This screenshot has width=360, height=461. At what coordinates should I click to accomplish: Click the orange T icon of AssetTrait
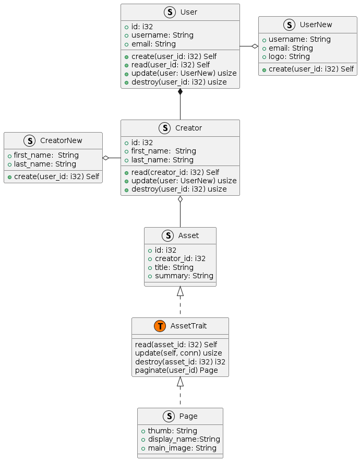[160, 326]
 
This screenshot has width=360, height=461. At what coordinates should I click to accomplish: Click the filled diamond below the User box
[180, 92]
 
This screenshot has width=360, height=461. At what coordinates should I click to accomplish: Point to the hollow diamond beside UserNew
[255, 46]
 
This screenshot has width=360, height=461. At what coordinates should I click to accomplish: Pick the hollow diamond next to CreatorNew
[106, 158]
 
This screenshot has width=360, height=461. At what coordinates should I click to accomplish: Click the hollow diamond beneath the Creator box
[180, 199]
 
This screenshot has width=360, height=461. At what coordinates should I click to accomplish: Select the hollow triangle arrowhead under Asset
[180, 291]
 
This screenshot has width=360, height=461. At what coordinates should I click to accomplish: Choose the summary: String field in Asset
[184, 276]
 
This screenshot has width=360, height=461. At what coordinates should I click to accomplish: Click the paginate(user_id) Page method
[176, 370]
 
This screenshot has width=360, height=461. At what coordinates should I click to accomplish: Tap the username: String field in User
[162, 35]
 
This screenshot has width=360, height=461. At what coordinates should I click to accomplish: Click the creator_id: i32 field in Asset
[180, 258]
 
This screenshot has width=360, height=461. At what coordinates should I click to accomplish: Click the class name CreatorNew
[61, 140]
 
